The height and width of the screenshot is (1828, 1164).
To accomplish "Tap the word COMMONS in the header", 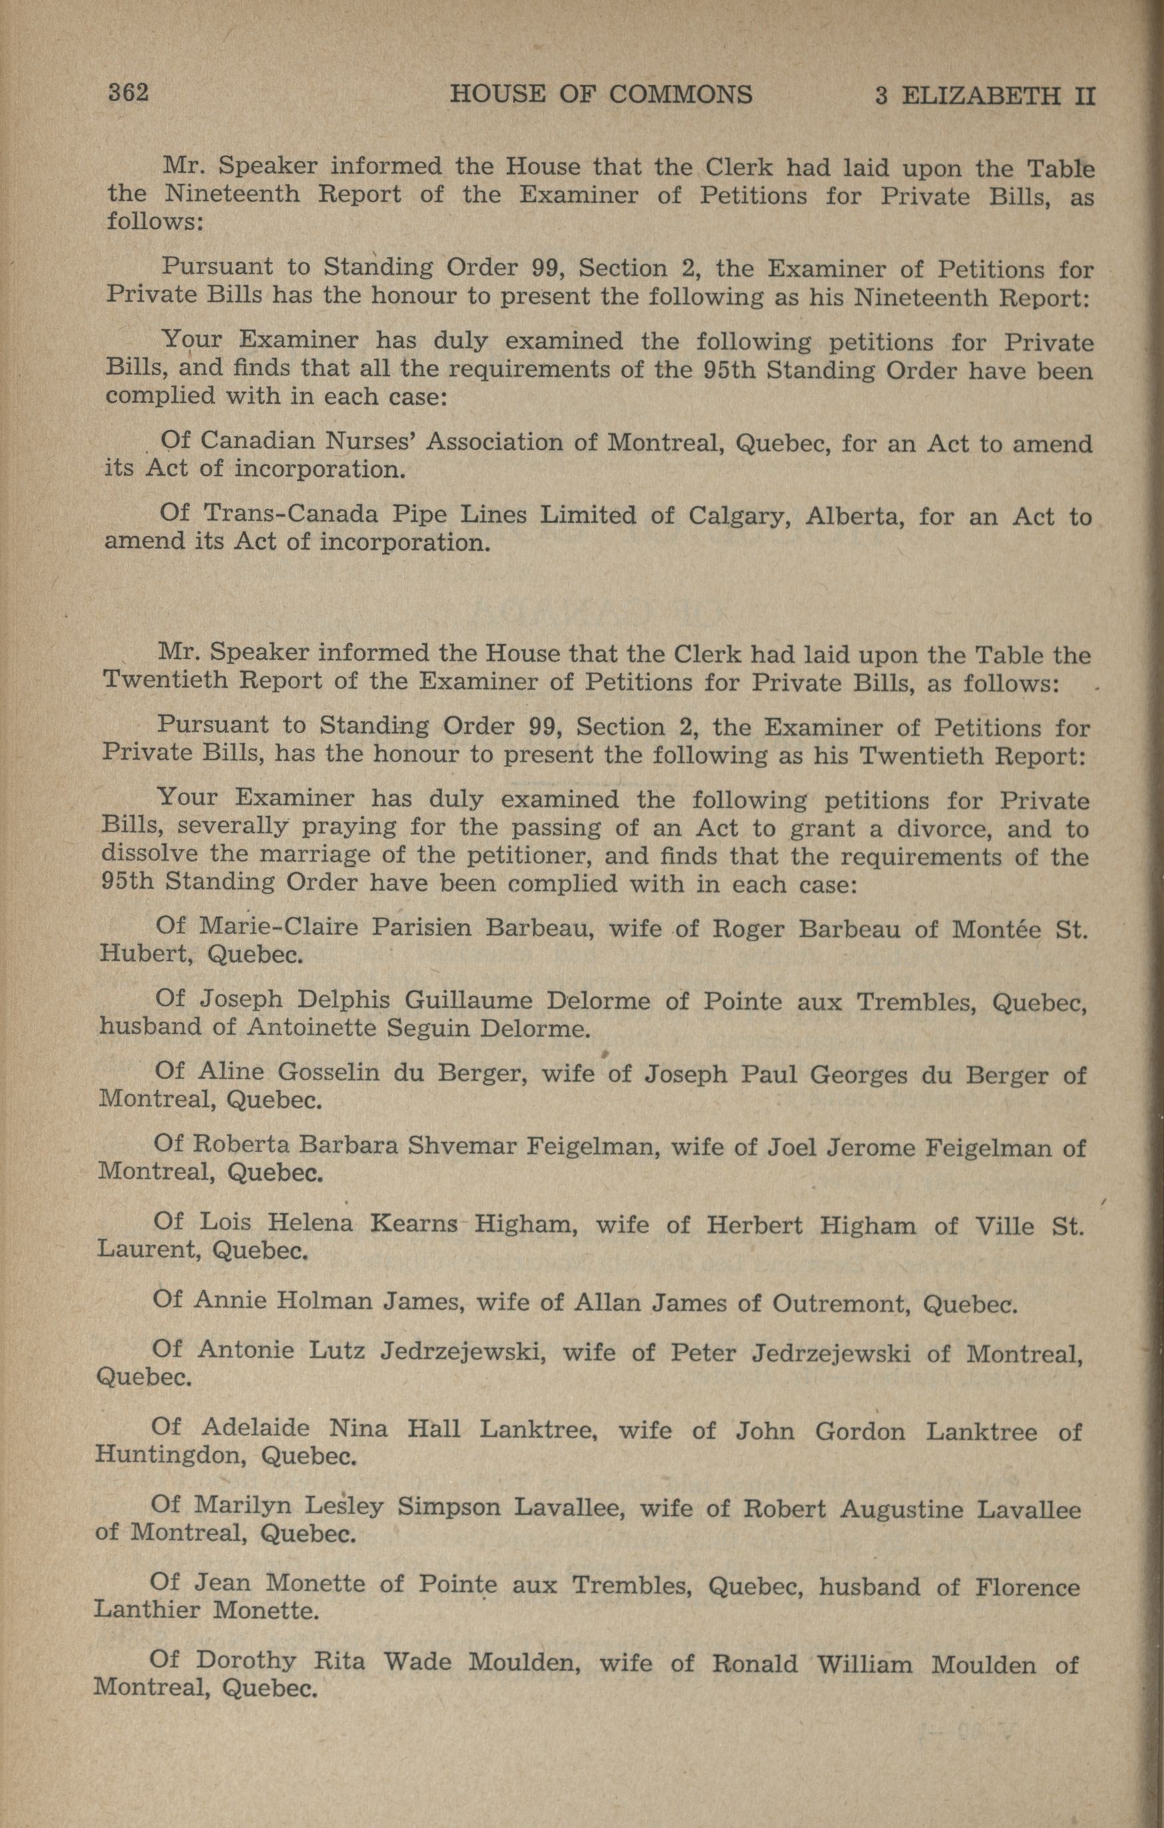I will [x=681, y=95].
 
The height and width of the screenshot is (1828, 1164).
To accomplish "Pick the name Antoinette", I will [x=311, y=1028].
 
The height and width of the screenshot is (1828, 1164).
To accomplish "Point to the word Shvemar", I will [x=458, y=1145].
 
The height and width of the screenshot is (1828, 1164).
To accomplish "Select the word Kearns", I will [x=414, y=1224].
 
